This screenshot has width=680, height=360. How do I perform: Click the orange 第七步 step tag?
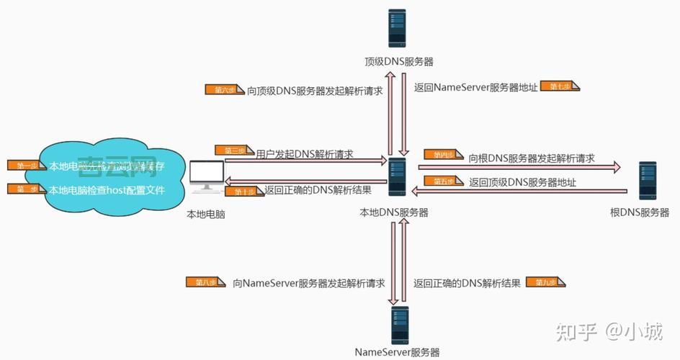coord(560,86)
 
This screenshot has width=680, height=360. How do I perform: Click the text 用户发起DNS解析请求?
coord(304,154)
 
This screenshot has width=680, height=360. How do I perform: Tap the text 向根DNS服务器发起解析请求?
coord(532,158)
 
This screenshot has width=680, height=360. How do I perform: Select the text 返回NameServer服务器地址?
coord(475,88)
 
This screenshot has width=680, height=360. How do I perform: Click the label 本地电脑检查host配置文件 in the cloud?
coord(107,191)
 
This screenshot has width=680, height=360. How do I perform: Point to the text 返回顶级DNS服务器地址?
coord(522,182)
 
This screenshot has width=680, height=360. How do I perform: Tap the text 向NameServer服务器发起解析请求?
coord(308,283)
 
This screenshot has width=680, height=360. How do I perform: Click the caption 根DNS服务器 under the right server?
coord(640,212)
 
